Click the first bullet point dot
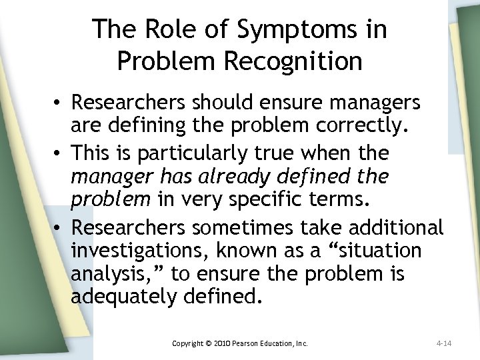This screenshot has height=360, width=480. pos(58,103)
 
